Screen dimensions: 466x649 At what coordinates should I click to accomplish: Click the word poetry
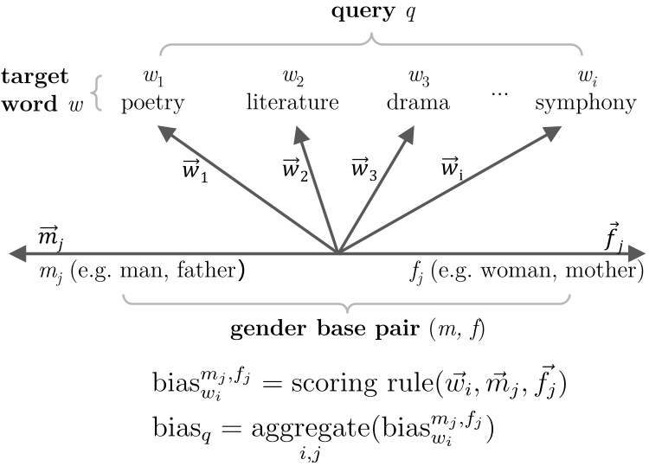[x=153, y=105]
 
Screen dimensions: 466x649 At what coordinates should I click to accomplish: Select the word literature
[x=292, y=105]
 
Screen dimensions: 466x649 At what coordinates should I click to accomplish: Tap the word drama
[x=419, y=105]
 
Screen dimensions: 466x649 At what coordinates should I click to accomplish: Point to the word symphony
[x=586, y=105]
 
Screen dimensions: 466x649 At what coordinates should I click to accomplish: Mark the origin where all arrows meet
[x=337, y=253]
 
